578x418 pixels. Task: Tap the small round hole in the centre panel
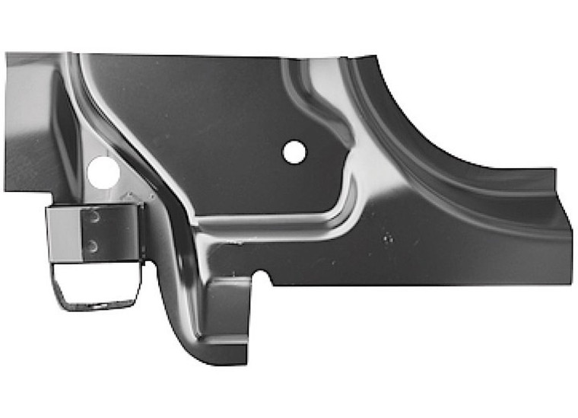pyautogui.click(x=294, y=152)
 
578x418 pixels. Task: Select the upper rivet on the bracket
pyautogui.click(x=93, y=217)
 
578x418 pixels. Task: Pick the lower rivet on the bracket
pyautogui.click(x=92, y=245)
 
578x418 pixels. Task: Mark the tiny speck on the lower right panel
pyautogui.click(x=388, y=238)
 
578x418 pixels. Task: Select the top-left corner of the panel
pyautogui.click(x=7, y=54)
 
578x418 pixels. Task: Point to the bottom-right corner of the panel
pyautogui.click(x=570, y=283)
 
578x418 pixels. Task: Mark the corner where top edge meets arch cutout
pyautogui.click(x=376, y=56)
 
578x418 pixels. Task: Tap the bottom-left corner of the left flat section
pyautogui.click(x=7, y=190)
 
